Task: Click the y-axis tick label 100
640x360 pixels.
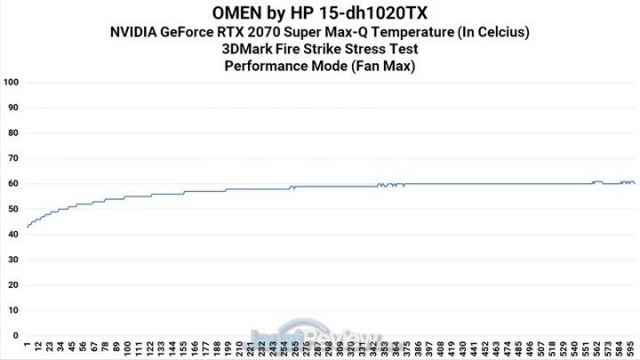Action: coord(12,83)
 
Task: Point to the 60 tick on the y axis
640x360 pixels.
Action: coord(13,184)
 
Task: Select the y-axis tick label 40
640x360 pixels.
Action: coord(13,235)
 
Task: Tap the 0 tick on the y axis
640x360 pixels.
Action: coord(16,336)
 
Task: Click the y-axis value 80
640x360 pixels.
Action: coord(13,133)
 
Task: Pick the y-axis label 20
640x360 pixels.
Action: coord(13,285)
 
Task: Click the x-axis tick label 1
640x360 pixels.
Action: coord(28,344)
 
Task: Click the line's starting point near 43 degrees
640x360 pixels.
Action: coord(28,228)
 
